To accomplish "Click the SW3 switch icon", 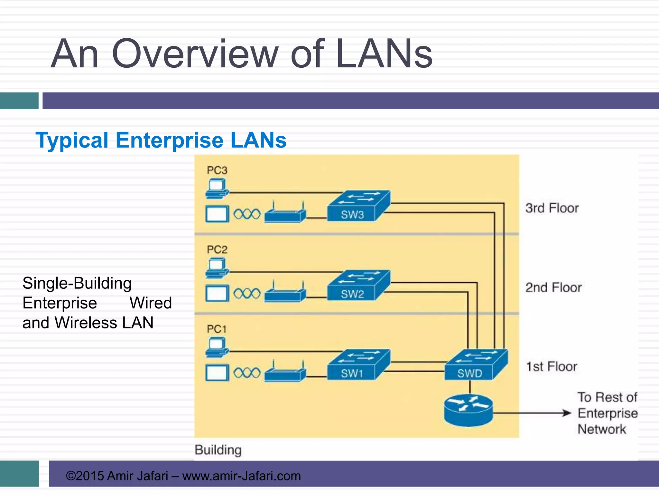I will pos(358,206).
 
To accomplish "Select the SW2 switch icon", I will pos(358,286).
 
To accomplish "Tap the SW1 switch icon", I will pos(358,365).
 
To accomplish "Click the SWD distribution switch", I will pos(476,365).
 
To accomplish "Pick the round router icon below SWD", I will pos(468,411).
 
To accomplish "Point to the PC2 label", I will pos(217,249).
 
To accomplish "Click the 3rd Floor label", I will pos(552,208).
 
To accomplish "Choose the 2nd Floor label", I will pos(553,287).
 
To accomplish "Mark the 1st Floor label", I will pos(552,367).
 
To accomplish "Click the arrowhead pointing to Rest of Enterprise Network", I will pos(567,413).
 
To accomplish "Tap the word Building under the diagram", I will pos(218,450).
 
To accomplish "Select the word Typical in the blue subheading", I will pos(72,141).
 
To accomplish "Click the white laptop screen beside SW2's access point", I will pos(217,294).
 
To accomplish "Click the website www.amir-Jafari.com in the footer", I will pos(241,476).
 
